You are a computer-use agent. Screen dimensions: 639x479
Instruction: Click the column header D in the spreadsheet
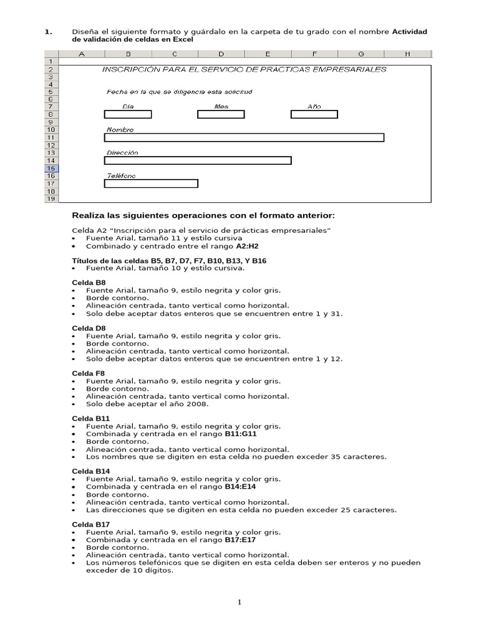221,54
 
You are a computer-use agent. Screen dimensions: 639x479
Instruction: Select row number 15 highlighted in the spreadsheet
51,168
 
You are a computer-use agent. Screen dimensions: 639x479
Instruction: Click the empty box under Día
128,114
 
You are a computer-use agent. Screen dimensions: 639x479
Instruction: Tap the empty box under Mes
221,114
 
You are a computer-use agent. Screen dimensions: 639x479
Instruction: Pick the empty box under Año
314,114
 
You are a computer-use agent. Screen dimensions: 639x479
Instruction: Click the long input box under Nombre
244,137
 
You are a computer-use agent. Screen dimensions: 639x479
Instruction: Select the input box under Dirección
198,160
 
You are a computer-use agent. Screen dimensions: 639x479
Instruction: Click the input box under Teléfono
151,183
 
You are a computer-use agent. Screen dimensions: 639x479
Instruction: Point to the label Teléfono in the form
121,176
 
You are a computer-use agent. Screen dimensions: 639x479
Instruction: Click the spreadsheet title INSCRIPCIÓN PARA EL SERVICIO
244,69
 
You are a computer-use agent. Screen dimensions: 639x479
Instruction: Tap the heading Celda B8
89,283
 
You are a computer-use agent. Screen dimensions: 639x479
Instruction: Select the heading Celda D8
89,328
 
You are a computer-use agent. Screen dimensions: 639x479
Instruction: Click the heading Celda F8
89,373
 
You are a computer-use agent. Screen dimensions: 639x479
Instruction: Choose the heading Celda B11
91,418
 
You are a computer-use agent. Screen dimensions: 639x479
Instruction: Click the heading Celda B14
91,471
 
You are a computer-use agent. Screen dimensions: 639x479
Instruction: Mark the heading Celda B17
91,524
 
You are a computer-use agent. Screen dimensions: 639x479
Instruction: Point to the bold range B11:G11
241,434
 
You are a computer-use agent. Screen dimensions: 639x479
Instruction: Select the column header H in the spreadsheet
407,54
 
